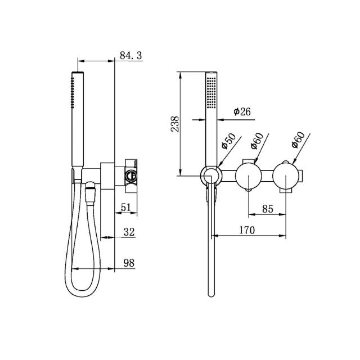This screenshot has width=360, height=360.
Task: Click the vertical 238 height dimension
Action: [x=174, y=124]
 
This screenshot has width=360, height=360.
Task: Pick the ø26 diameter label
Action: [x=241, y=111]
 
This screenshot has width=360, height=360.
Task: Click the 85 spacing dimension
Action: [x=267, y=209]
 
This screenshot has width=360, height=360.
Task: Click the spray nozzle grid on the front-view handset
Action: [x=211, y=93]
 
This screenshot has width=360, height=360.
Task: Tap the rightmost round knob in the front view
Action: [x=286, y=175]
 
